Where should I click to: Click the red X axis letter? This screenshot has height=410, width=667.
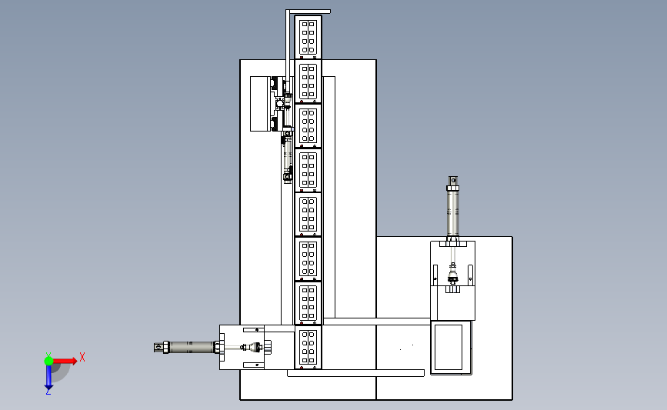(82, 357)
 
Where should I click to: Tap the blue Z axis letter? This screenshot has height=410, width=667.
(48, 392)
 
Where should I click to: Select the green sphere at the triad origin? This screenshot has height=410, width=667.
(48, 361)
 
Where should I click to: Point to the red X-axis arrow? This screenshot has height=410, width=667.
(65, 361)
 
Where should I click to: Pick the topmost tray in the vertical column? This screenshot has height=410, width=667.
(308, 37)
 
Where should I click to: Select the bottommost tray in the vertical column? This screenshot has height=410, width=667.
(308, 347)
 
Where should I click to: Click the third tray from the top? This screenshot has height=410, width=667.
(308, 125)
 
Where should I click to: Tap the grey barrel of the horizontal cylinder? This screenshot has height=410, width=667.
(192, 347)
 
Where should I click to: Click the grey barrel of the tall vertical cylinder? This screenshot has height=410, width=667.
(452, 213)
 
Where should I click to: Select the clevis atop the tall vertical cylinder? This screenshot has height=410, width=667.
(452, 181)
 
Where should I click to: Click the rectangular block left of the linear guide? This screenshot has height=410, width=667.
(260, 104)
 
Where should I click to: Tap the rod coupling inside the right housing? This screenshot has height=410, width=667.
(452, 274)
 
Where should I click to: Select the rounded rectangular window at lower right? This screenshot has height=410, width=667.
(448, 348)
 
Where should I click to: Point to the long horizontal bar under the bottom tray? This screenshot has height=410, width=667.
(355, 373)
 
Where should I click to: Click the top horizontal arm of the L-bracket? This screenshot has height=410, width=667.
(308, 12)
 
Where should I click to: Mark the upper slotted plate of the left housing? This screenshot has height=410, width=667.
(254, 330)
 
